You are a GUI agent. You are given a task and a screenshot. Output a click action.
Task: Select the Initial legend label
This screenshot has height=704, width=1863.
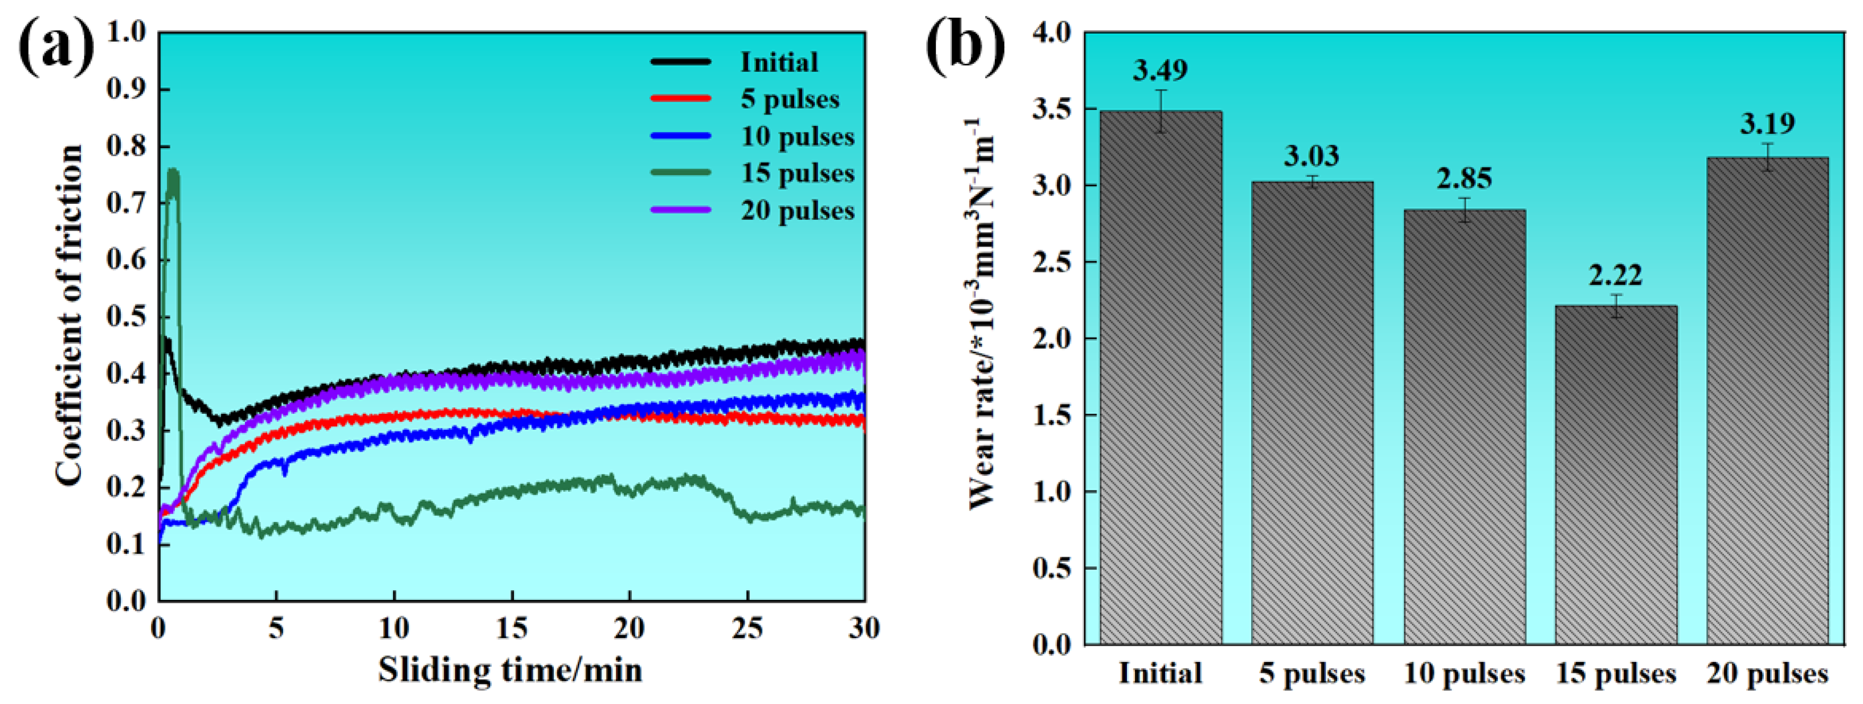pos(779,62)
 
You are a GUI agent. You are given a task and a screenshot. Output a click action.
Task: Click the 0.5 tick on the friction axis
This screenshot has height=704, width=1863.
pos(126,316)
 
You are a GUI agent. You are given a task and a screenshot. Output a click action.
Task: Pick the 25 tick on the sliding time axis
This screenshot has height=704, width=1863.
pos(747,629)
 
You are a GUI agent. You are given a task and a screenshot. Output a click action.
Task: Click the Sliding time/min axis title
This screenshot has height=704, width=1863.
pos(510,670)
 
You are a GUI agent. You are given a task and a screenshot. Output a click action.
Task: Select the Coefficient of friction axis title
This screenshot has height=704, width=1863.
pos(70,315)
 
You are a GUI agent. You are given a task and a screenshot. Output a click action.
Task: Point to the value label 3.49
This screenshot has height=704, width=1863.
pos(1160,70)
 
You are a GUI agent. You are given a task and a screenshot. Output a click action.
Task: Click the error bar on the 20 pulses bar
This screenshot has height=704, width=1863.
pos(1767,157)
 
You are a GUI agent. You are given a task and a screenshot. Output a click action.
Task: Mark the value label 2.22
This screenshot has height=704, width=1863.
pos(1616,275)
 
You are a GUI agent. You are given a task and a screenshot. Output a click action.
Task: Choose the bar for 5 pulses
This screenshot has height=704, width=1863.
pos(1312,412)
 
